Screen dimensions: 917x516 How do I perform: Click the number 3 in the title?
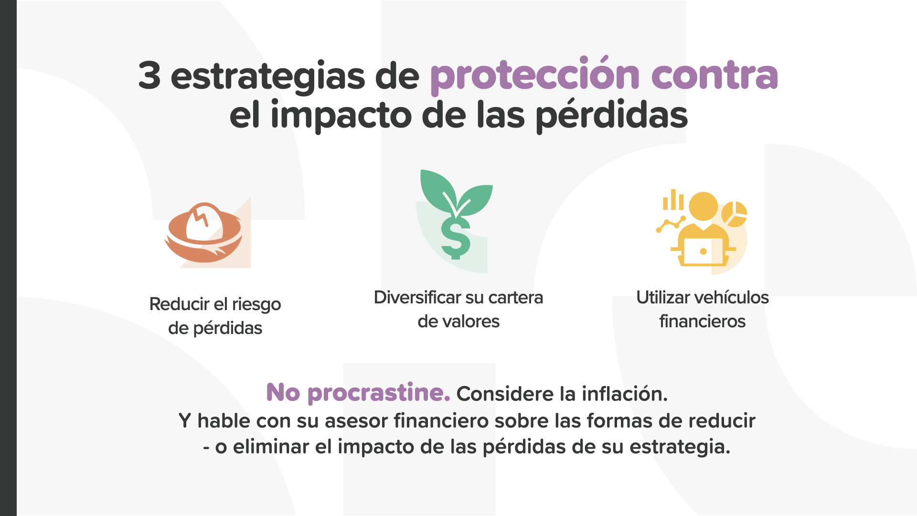point(149,75)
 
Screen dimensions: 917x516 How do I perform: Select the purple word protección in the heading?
point(535,75)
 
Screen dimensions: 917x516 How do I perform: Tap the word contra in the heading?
point(714,75)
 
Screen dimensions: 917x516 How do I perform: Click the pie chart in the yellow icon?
point(734,214)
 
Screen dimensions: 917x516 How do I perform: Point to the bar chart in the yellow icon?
point(673,200)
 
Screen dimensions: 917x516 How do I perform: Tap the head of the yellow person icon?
point(703,206)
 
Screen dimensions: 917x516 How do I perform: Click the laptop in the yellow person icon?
point(703,251)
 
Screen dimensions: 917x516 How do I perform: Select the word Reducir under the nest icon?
point(180,304)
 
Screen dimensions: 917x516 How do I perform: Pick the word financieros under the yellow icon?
point(703,321)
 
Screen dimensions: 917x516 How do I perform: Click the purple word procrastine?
point(379,393)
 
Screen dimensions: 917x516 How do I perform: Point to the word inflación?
point(625,394)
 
